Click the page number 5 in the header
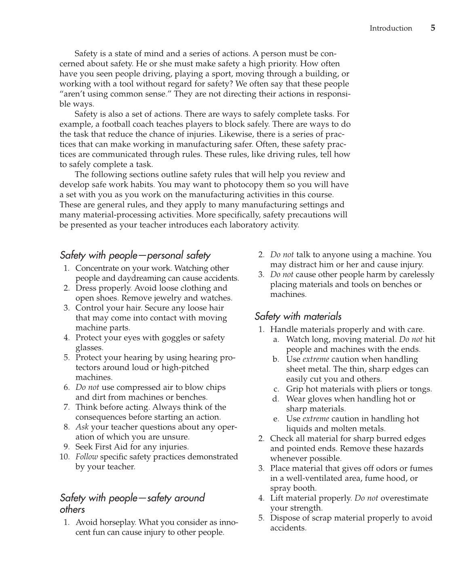(x=433, y=28)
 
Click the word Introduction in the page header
(x=390, y=28)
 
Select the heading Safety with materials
(x=298, y=316)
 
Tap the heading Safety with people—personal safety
(x=135, y=255)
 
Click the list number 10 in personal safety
(x=64, y=457)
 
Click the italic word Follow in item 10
(x=86, y=457)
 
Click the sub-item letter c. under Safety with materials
(x=277, y=389)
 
